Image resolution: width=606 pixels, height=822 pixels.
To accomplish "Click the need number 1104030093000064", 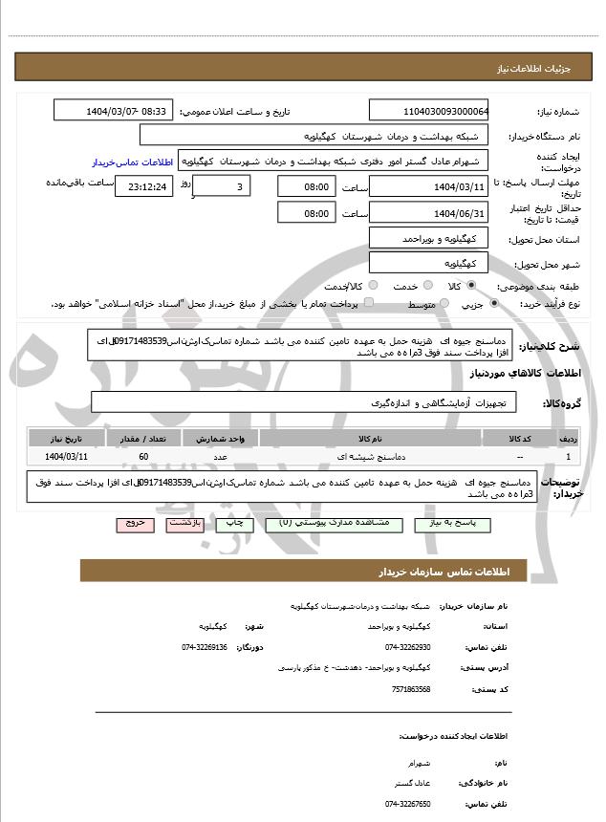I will [x=429, y=111].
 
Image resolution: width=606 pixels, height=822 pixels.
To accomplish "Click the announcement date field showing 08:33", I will [x=114, y=111].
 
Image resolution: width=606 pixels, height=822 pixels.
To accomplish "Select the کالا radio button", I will [x=497, y=285].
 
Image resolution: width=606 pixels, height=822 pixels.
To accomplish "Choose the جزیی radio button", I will [x=494, y=304].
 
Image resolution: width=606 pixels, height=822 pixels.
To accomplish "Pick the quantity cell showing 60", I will [x=142, y=457].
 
